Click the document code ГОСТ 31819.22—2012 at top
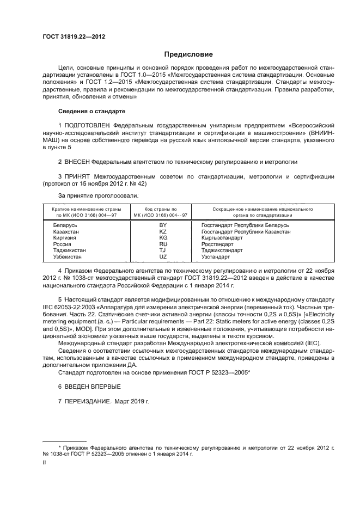coord(74,36)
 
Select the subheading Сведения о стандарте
coord(91,112)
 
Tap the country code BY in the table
coord(162,225)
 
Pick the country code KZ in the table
coord(162,231)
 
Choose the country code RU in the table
coord(162,244)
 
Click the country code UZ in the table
coord(162,256)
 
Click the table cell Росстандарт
coord(217,244)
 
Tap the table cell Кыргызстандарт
coord(222,238)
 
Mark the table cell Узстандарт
coord(216,256)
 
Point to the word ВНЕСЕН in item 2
coord(77,162)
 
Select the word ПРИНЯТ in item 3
coord(78,177)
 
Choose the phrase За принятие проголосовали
coord(97,195)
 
